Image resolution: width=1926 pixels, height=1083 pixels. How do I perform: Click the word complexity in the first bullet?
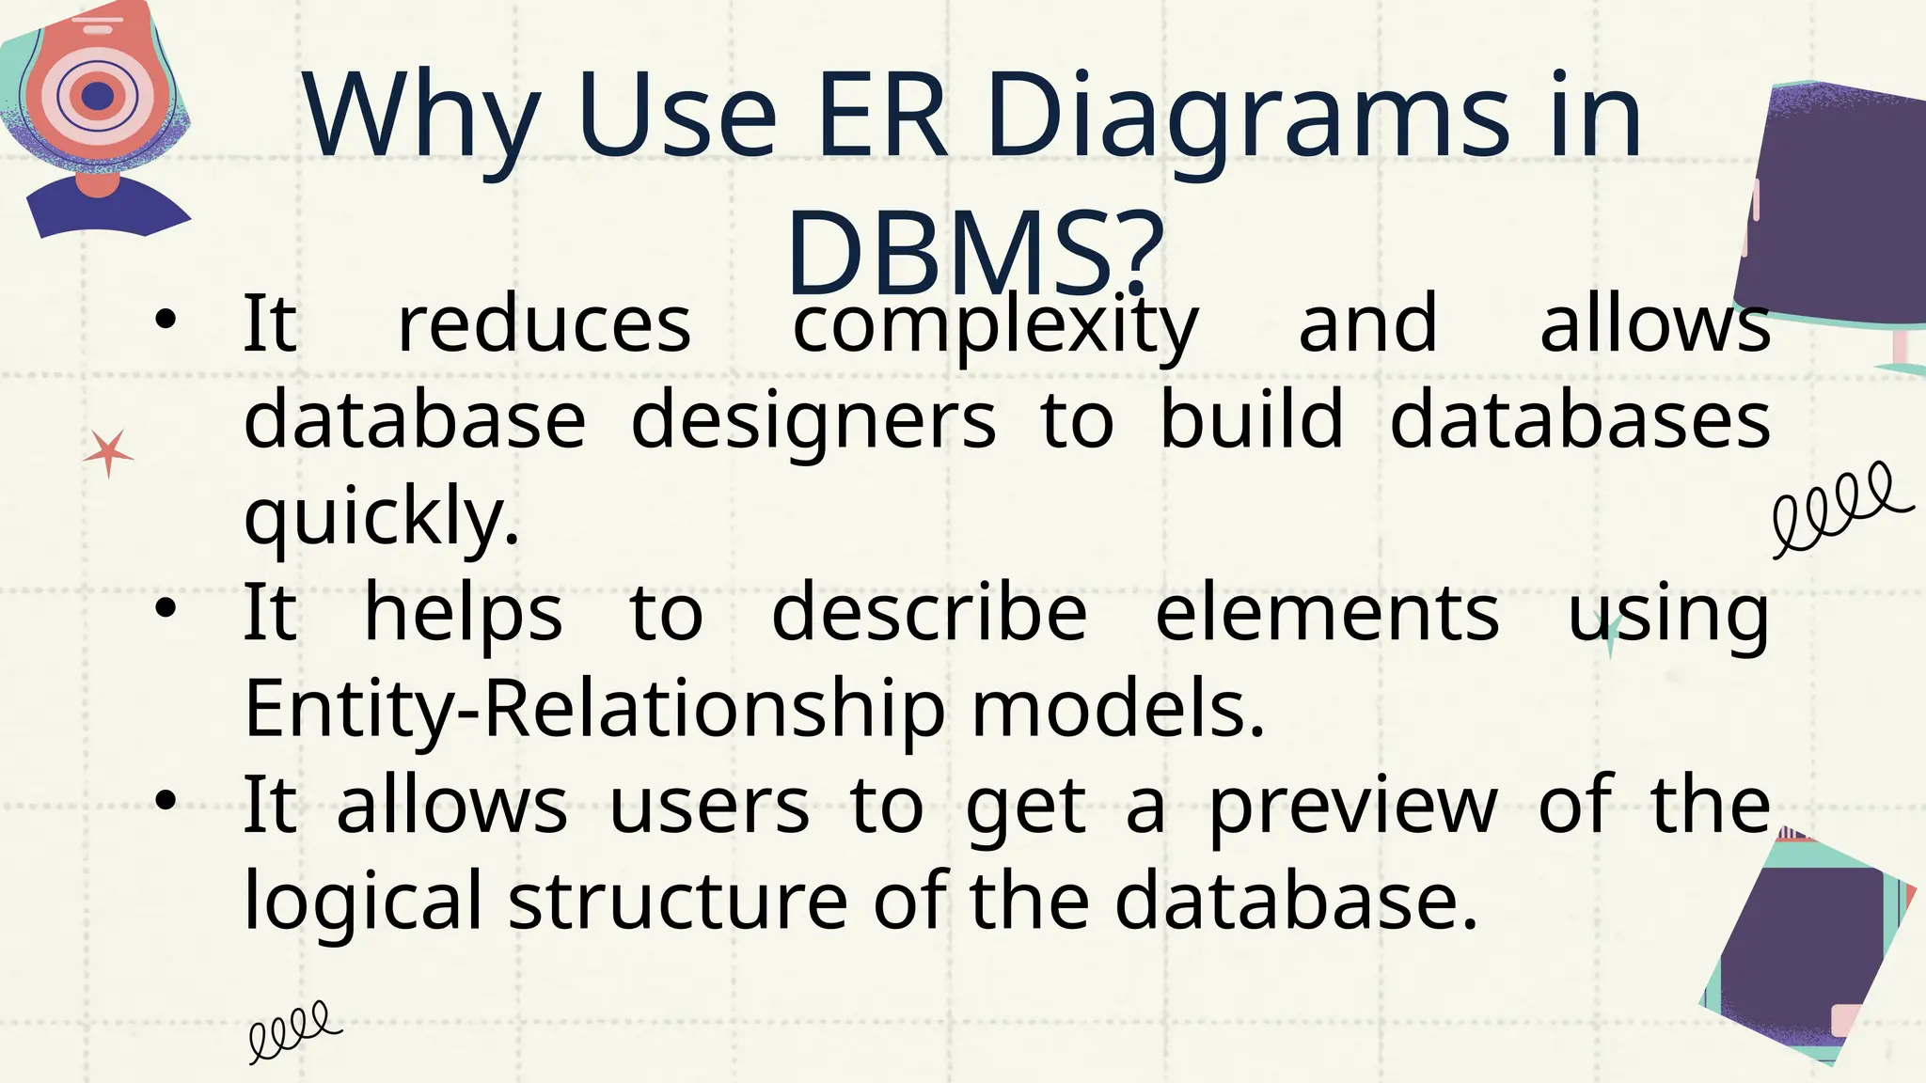point(995,325)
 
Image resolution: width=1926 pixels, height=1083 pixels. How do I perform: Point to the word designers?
point(813,420)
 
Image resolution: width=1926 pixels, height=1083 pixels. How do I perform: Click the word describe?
point(929,613)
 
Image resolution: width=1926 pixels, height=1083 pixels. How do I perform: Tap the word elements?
point(1326,613)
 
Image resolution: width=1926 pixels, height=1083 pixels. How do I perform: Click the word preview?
point(1352,806)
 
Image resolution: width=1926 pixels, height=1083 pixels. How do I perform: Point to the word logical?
point(363,901)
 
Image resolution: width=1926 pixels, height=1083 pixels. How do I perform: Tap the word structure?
point(678,901)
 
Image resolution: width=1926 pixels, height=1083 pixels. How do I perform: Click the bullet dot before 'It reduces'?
point(166,321)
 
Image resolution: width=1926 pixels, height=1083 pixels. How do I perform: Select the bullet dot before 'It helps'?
point(166,609)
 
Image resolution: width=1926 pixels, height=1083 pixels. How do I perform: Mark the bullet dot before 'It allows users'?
point(166,801)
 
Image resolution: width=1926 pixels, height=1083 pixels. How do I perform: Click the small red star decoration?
point(108,454)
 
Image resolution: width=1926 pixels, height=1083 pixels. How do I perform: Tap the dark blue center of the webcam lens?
point(98,95)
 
